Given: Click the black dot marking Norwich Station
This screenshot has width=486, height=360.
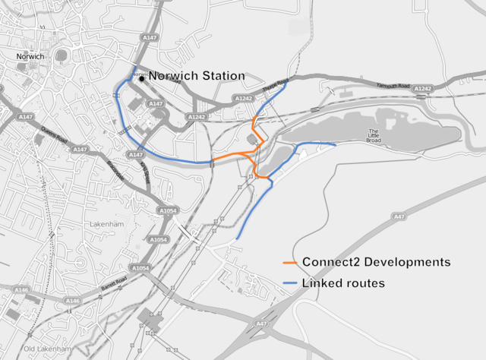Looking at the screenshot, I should pyautogui.click(x=141, y=77).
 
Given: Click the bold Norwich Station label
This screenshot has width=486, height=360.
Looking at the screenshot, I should pyautogui.click(x=197, y=76).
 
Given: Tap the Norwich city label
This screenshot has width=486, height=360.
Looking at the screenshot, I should pyautogui.click(x=31, y=57).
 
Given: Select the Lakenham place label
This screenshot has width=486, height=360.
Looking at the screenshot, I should pyautogui.click(x=107, y=225).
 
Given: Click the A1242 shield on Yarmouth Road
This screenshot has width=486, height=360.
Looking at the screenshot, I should pyautogui.click(x=423, y=89).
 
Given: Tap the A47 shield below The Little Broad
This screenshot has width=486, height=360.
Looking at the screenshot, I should pyautogui.click(x=399, y=216).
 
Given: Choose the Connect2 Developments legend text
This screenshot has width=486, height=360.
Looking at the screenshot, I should pyautogui.click(x=376, y=262).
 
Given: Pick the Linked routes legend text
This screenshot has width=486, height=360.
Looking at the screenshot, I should pyautogui.click(x=343, y=283).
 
